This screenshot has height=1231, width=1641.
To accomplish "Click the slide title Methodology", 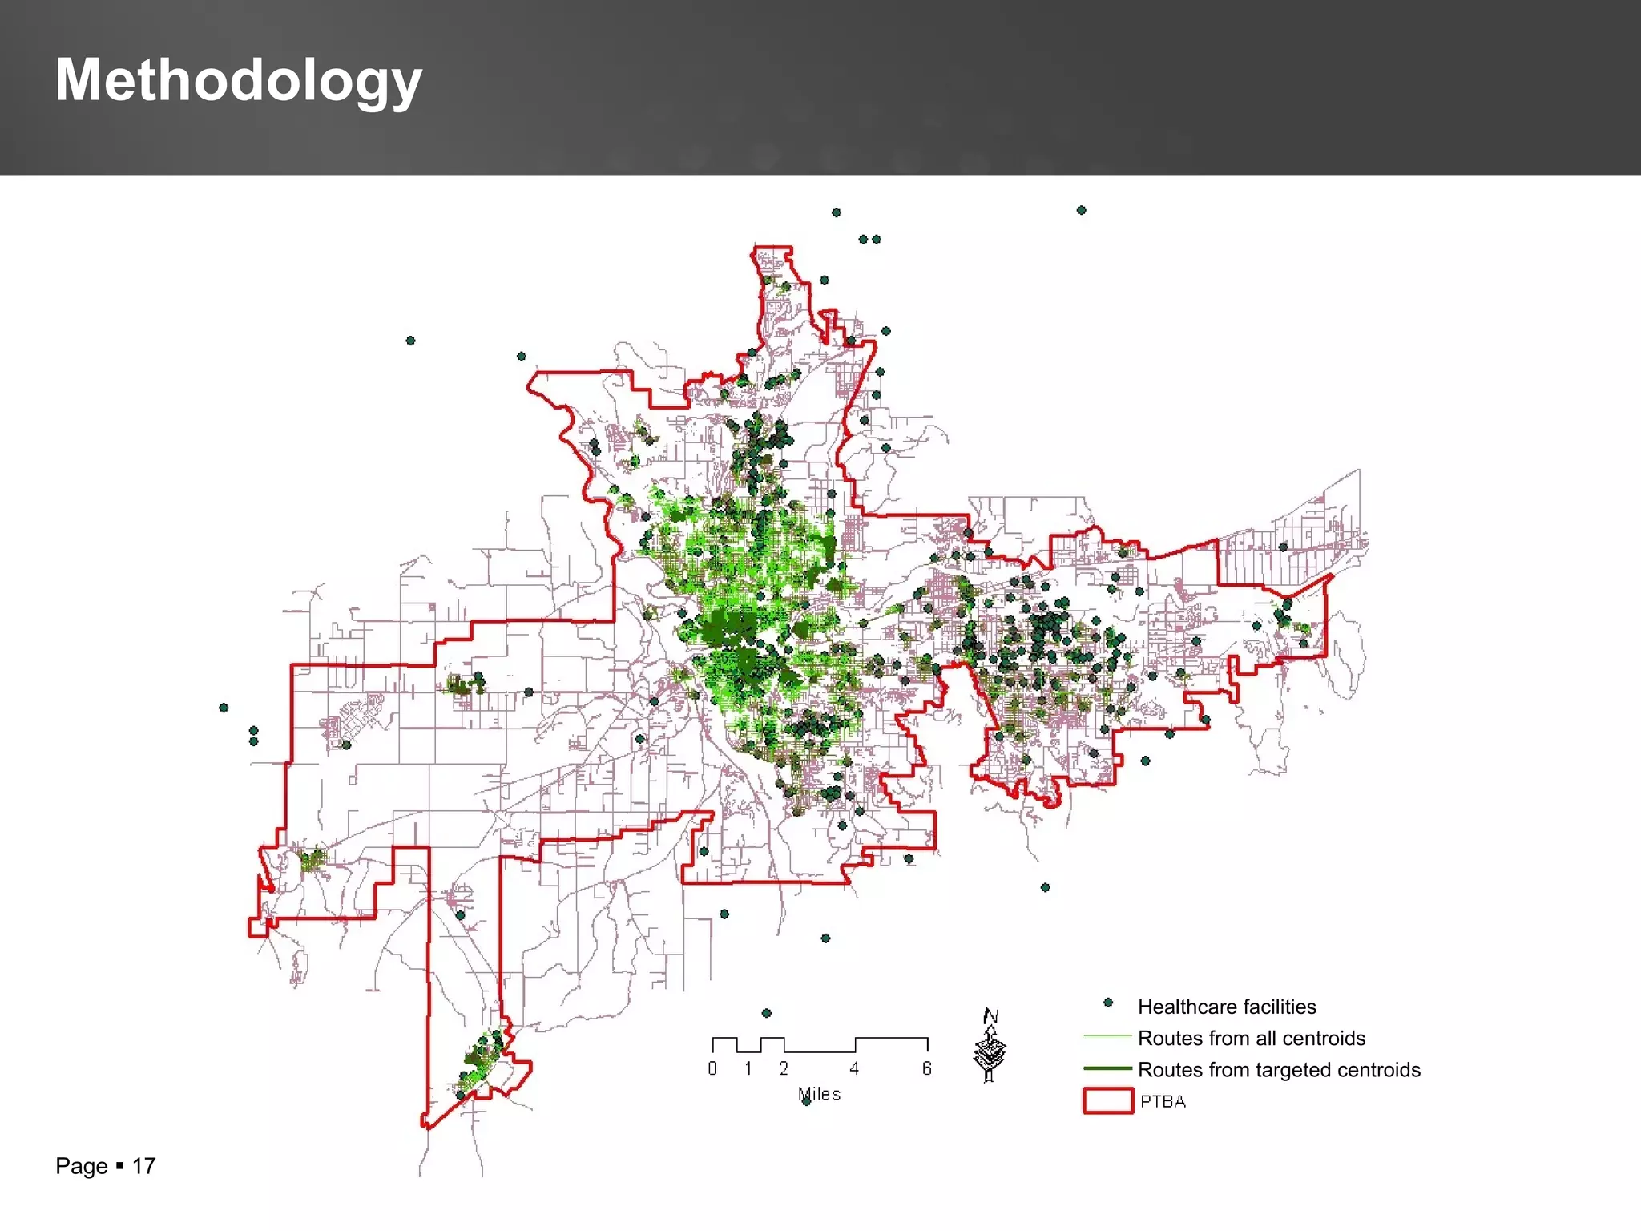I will tap(238, 80).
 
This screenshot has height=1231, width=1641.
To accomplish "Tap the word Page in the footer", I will tap(81, 1166).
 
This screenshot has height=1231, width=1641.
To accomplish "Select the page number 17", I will tap(143, 1166).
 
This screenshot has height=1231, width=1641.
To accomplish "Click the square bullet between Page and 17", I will tap(119, 1166).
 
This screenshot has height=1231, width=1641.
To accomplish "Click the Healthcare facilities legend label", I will tap(1226, 1007).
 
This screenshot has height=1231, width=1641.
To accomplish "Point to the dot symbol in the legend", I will tap(1108, 1003).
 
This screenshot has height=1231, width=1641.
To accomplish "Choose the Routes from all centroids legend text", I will tap(1251, 1039).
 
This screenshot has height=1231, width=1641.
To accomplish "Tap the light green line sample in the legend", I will tap(1107, 1036).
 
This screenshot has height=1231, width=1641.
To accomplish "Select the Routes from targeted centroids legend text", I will tap(1279, 1070).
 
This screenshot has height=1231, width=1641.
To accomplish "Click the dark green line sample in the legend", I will tap(1107, 1068).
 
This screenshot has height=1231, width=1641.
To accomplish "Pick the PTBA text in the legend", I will tap(1163, 1101).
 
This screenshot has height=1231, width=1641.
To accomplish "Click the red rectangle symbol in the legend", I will tap(1107, 1100).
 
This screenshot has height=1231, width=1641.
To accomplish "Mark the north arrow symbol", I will tap(990, 1045).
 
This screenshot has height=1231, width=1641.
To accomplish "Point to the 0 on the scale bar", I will tap(712, 1068).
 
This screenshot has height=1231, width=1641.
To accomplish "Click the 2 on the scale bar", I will tap(784, 1068).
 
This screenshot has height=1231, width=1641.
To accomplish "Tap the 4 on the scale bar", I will tap(854, 1068).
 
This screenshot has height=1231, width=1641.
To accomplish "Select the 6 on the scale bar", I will tap(926, 1068).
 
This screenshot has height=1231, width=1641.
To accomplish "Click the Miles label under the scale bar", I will tap(819, 1094).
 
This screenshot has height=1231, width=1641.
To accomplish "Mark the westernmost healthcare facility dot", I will tap(224, 708).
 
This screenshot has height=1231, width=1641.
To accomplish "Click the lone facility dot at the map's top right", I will tap(1081, 210).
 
